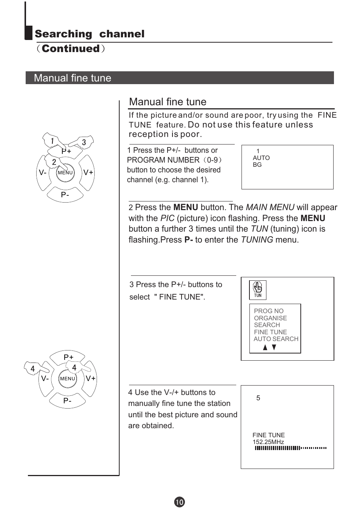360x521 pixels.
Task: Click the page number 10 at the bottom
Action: pos(180,502)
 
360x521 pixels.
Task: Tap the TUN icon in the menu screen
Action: pos(258,290)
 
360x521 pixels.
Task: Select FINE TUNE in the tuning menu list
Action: pos(270,332)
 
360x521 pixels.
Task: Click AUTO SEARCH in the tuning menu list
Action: pos(276,339)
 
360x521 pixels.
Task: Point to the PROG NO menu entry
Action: pos(268,311)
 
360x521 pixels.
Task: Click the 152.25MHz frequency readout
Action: pos(268,442)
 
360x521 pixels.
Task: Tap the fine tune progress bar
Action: pos(290,448)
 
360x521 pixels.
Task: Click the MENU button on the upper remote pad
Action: pos(65,172)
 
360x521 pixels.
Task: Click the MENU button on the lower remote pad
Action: pos(68,378)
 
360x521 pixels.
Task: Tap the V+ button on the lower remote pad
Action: pos(91,378)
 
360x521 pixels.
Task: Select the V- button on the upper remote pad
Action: pos(43,172)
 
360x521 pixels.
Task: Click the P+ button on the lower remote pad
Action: pos(69,357)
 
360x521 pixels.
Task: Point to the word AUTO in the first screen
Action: pos(261,158)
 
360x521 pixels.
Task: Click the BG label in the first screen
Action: pos(257,164)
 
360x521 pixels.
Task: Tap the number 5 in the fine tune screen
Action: pos(258,398)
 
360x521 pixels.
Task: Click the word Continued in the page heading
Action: pos(71,49)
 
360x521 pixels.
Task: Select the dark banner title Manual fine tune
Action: pos(72,78)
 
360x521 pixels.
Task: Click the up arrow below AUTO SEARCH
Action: pos(265,347)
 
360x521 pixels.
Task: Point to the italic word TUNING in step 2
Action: pos(257,240)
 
